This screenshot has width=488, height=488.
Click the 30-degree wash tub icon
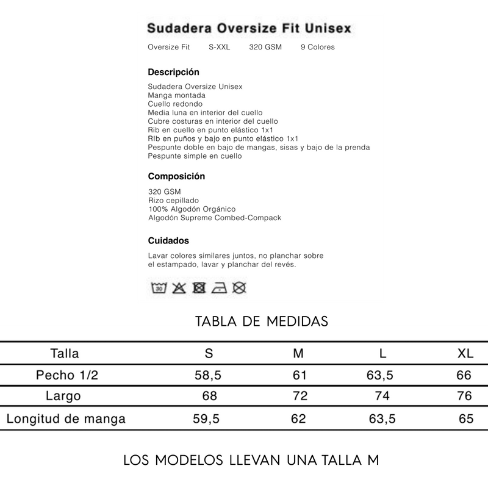pos(159,287)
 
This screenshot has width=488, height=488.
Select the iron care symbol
pos(219,287)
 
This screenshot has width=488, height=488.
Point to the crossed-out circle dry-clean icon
pos(239,287)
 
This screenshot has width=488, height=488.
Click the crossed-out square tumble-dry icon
pos(198,287)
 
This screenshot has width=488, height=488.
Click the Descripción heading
pos(173,72)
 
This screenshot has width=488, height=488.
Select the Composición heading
pos(176,176)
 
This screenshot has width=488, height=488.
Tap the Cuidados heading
pos(168,240)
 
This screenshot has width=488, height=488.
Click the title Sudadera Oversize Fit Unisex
pos(249,29)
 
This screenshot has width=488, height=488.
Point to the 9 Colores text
pos(317,47)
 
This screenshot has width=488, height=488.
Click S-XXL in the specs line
pos(220,47)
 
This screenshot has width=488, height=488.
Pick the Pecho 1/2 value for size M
pos(300,375)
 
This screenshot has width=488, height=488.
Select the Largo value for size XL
pos(464,396)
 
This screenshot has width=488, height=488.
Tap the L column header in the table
pos(382,353)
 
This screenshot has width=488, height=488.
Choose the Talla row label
pos(65,353)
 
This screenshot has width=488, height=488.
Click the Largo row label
pos(63,396)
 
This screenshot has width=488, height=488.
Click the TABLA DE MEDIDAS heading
pos(262,321)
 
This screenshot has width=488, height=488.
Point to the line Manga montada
pos(176,95)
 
